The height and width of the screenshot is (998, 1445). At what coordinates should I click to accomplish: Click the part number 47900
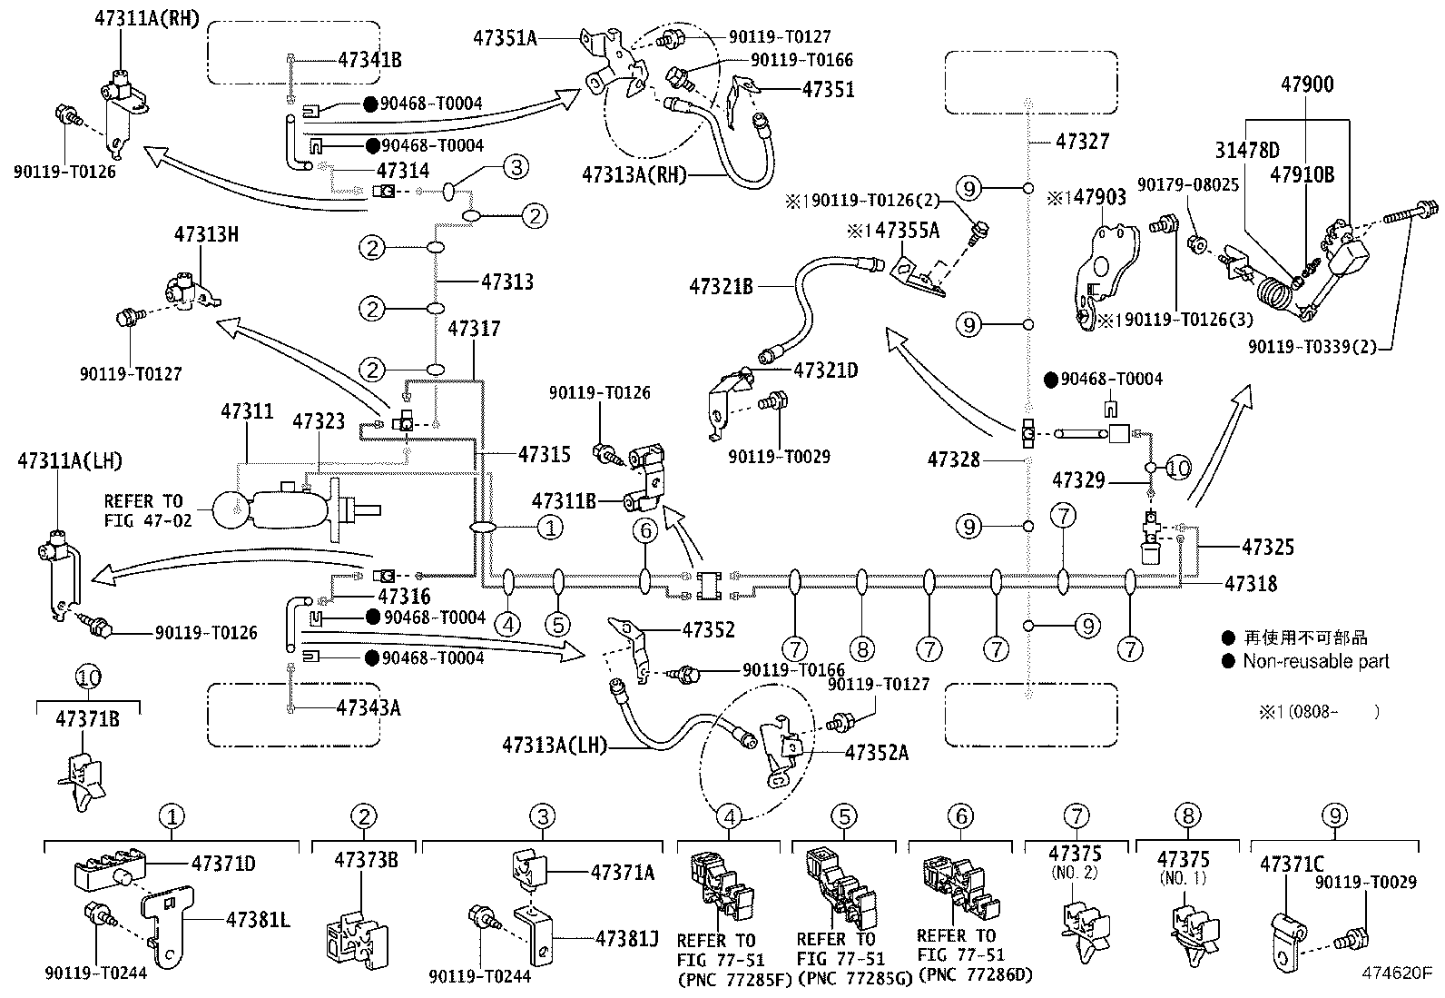pos(1307,84)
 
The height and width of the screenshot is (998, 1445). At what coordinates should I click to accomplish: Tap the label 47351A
pos(505,38)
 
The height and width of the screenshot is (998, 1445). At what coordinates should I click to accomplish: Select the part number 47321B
pos(722,287)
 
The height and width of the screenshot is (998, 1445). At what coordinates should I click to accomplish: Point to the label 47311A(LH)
pos(70,461)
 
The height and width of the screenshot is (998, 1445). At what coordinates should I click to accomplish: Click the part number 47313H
pos(206,234)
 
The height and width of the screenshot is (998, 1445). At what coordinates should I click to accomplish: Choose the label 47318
pos(1251,584)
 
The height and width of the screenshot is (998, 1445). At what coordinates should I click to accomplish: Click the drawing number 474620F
pos(1397,973)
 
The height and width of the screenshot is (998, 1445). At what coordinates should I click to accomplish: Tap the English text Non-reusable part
pos(1316,661)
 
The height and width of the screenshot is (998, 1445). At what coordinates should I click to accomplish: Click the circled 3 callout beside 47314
pos(516,167)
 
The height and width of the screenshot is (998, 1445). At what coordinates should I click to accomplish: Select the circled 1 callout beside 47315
pos(550,528)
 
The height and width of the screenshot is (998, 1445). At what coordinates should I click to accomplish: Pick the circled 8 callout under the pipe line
pos(862,648)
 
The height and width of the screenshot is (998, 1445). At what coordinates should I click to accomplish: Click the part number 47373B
pos(366,860)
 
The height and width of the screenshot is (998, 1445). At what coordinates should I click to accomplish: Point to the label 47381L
pos(258,919)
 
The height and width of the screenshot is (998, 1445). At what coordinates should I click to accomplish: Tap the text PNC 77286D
pos(975,974)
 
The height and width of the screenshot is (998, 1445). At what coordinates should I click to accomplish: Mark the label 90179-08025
pos(1187,184)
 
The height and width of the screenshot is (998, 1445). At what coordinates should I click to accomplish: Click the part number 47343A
pos(369,708)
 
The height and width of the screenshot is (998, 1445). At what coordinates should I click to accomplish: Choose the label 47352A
pos(877,752)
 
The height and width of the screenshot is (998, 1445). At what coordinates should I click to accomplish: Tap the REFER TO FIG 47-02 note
pos(148,510)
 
